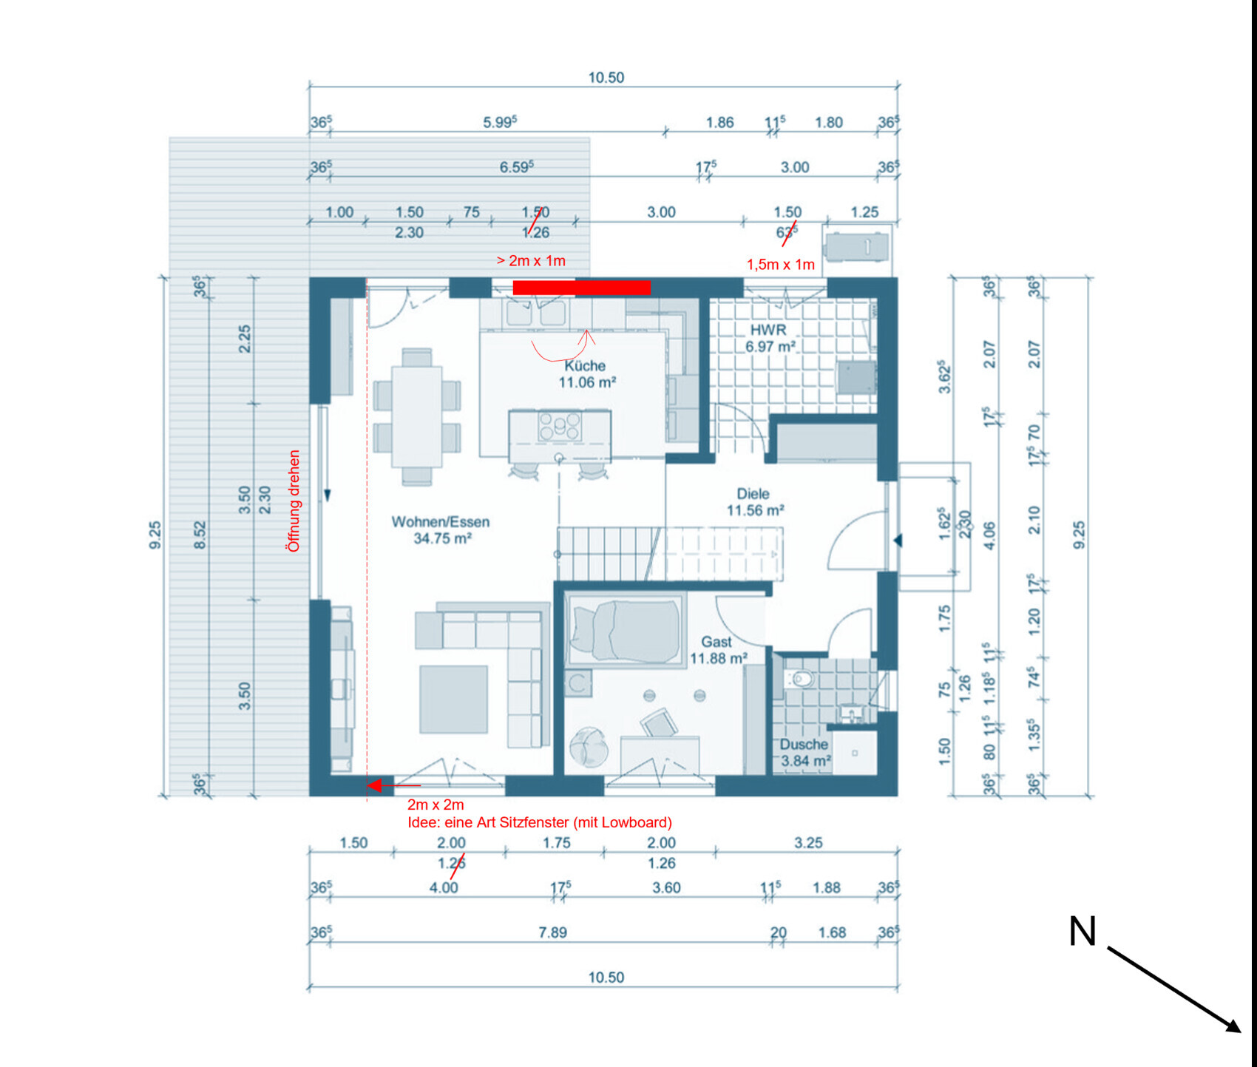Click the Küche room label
point(585,366)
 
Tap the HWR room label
point(768,330)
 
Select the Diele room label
point(753,494)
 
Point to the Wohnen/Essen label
point(440,522)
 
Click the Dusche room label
point(804,745)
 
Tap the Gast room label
point(716,642)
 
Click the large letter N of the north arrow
point(1082,932)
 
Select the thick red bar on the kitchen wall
point(581,288)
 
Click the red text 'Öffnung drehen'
point(294,501)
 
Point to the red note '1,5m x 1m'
point(780,265)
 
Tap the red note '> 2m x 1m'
point(531,261)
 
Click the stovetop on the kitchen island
point(560,427)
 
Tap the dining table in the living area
point(417,416)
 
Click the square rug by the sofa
point(453,699)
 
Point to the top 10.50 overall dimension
point(606,78)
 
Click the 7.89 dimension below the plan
point(552,932)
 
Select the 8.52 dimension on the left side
point(200,535)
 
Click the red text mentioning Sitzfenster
point(540,822)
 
